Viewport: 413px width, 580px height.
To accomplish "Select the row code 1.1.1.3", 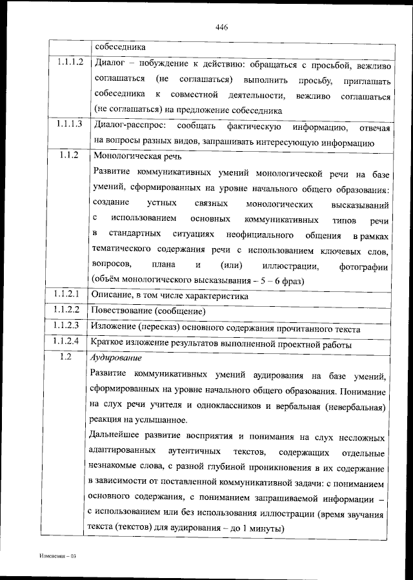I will click(68, 123).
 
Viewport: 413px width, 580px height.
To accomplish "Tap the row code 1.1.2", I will click(68, 155).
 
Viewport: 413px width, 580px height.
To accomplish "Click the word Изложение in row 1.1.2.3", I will click(113, 327).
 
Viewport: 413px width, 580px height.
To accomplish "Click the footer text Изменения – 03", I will click(57, 556).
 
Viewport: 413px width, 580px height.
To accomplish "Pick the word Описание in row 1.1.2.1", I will click(112, 295).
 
